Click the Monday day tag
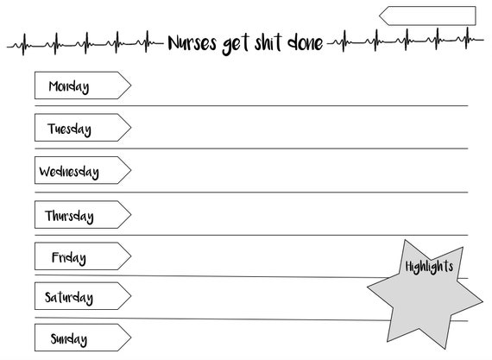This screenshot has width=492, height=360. (83, 85)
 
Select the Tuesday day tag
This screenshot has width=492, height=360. (83, 128)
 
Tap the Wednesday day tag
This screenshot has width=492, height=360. (83, 170)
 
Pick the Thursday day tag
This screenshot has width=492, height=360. (83, 214)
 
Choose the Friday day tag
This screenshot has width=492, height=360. (83, 256)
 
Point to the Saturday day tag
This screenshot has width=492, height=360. (83, 296)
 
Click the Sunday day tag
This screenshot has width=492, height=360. (83, 338)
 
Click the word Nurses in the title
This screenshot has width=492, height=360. (192, 42)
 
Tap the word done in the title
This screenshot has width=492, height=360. (305, 42)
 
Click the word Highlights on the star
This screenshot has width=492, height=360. (429, 267)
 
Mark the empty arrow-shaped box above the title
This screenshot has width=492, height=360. (427, 16)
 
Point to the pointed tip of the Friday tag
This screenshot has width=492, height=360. (131, 256)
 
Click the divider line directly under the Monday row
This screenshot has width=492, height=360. (251, 106)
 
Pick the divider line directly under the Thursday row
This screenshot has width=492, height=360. (251, 235)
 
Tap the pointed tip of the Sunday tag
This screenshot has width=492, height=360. (131, 338)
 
